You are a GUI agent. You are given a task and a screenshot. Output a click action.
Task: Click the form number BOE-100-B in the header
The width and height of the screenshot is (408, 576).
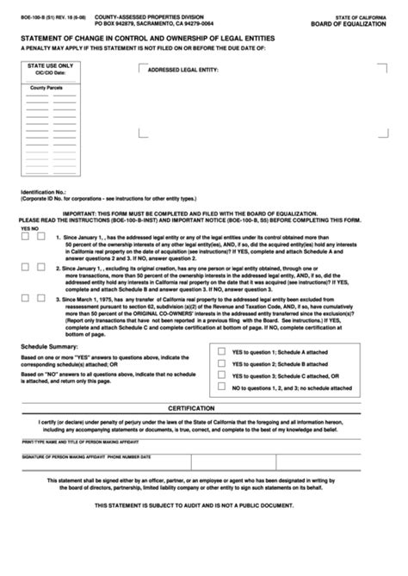click(34, 17)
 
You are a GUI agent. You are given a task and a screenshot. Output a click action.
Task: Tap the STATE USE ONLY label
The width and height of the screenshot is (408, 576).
click(49, 65)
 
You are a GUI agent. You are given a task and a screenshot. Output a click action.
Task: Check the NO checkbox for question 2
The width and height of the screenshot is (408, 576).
click(40, 269)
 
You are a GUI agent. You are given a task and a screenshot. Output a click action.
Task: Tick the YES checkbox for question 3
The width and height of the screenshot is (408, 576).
click(27, 300)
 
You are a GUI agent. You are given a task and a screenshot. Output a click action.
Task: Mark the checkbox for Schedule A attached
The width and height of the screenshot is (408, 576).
click(223, 351)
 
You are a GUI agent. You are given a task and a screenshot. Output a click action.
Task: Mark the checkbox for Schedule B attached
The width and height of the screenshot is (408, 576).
click(223, 363)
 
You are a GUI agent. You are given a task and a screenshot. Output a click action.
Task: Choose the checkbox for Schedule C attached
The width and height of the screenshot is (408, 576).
click(223, 375)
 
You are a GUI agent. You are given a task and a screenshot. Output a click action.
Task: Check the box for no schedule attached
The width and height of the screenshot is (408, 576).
click(223, 388)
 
